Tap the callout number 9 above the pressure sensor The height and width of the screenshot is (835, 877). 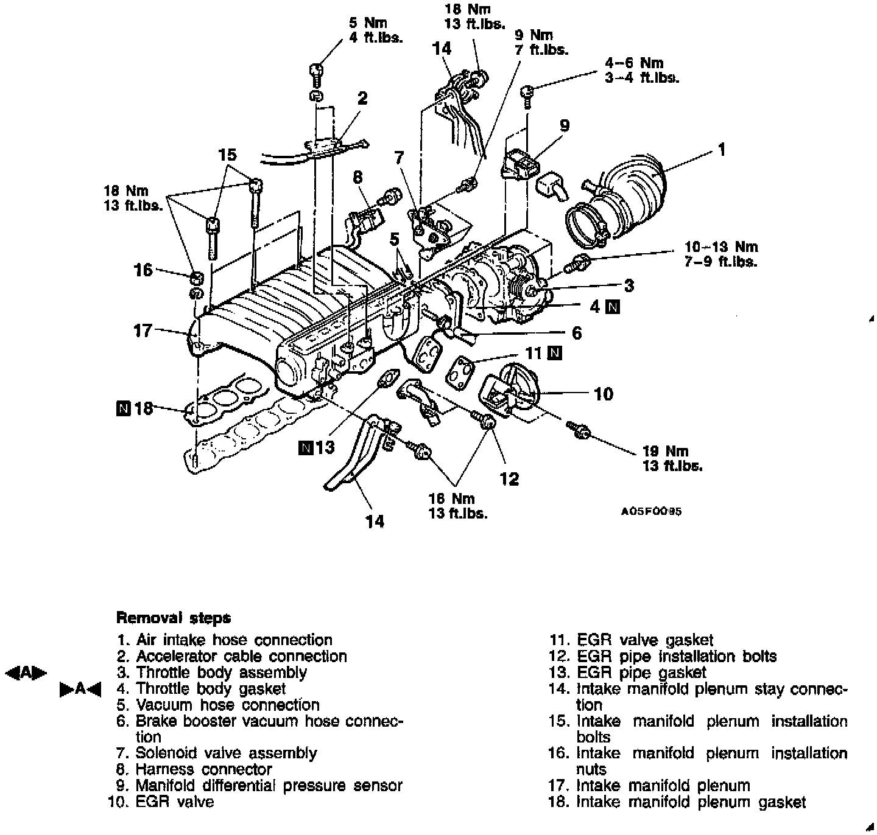pyautogui.click(x=565, y=126)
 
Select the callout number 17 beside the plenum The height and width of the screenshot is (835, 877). pyautogui.click(x=143, y=331)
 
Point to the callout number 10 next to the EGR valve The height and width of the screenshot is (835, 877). pyautogui.click(x=603, y=394)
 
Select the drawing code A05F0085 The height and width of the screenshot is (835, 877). pyautogui.click(x=651, y=511)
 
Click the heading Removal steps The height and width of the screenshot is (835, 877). pyautogui.click(x=174, y=618)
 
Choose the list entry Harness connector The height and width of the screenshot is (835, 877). pyautogui.click(x=203, y=769)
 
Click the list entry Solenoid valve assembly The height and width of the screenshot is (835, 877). pyautogui.click(x=225, y=753)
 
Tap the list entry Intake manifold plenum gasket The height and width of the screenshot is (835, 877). pyautogui.click(x=691, y=802)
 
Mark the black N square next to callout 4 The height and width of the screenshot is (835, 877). pyautogui.click(x=613, y=307)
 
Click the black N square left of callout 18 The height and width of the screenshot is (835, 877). pyautogui.click(x=123, y=408)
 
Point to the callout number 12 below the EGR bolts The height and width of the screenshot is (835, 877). pyautogui.click(x=509, y=479)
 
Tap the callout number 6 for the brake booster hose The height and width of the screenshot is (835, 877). pyautogui.click(x=576, y=333)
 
